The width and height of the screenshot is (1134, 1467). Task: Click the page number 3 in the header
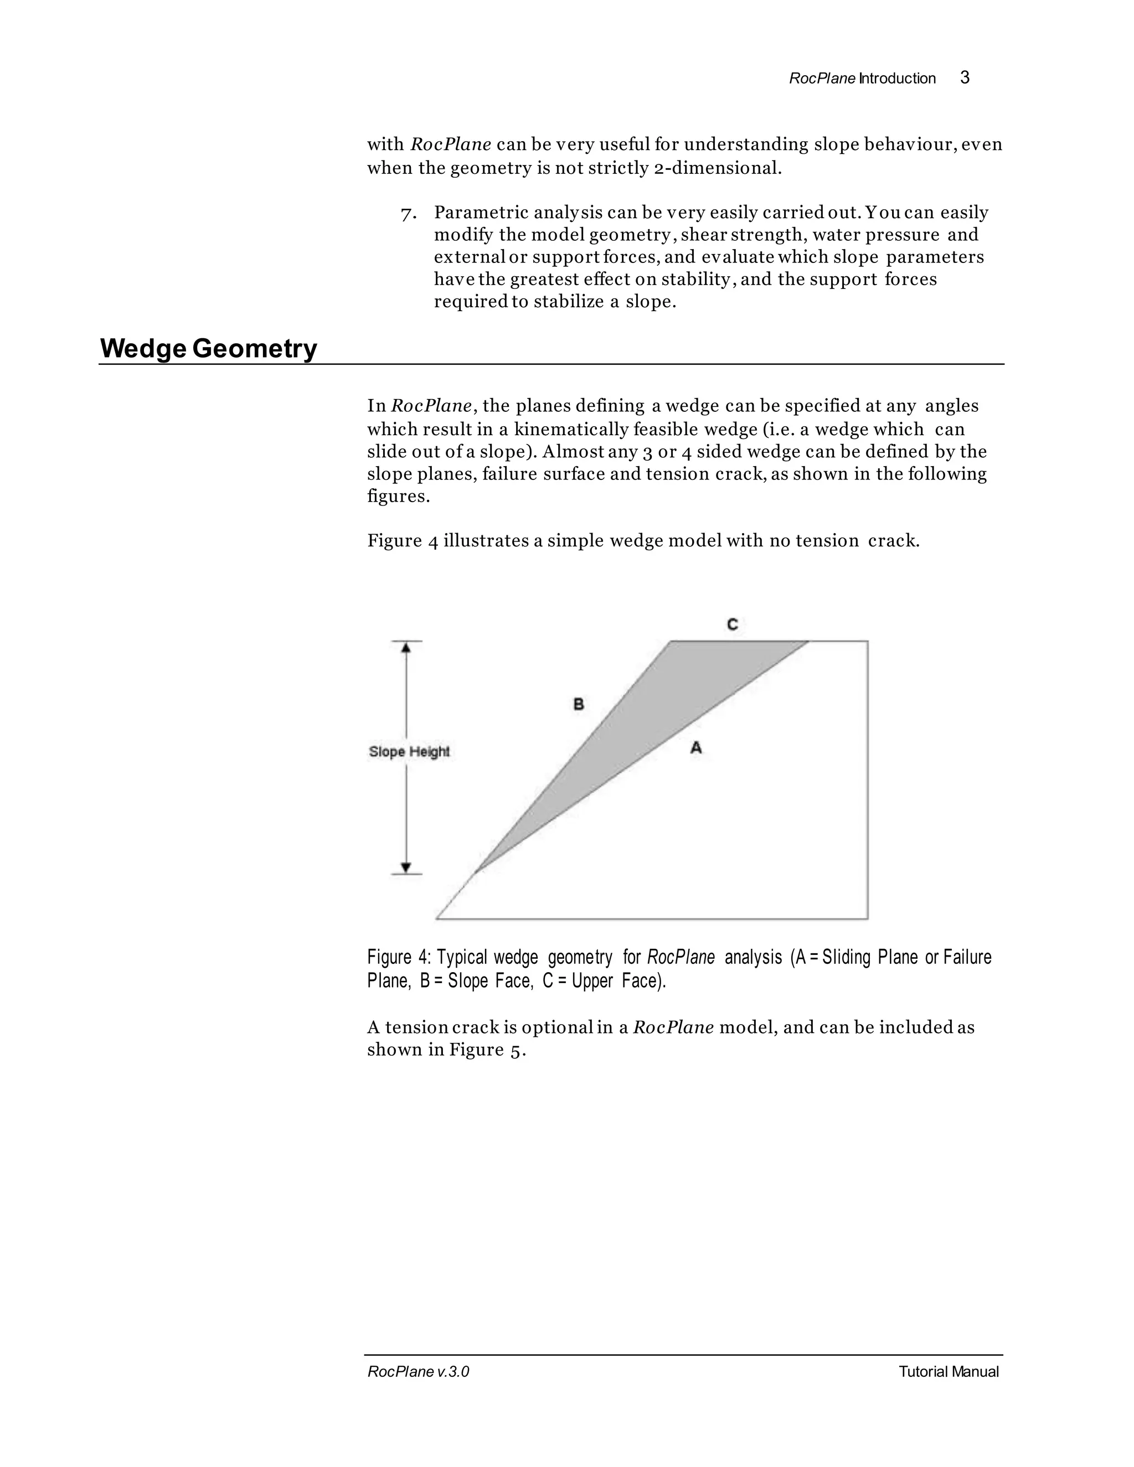pos(964,78)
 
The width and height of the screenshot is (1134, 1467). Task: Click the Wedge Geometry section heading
pos(208,349)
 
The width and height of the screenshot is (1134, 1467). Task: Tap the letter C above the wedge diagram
pos(732,624)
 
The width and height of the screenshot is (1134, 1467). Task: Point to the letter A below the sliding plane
pos(696,747)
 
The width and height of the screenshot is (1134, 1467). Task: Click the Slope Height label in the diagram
pos(409,752)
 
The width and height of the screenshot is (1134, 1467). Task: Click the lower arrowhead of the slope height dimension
pos(406,867)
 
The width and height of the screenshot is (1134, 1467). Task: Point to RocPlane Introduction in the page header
pos(862,79)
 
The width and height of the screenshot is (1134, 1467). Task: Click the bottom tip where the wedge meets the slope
pos(476,872)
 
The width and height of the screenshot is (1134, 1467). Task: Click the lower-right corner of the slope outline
pos(867,918)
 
